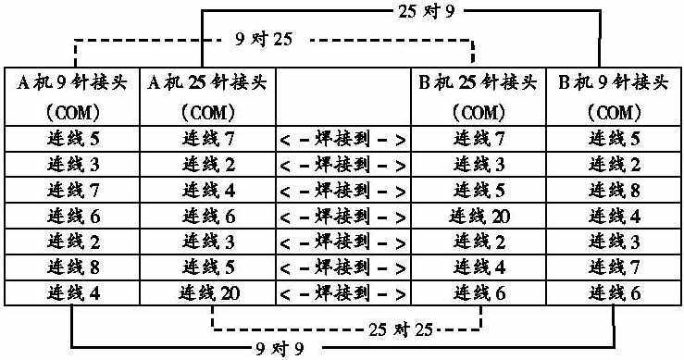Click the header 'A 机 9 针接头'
point(72,82)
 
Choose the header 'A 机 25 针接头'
point(207,82)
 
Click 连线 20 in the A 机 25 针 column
point(207,294)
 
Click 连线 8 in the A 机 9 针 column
point(72,268)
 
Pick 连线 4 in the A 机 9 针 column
point(72,294)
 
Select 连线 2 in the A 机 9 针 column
point(72,242)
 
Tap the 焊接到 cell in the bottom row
point(342,294)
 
